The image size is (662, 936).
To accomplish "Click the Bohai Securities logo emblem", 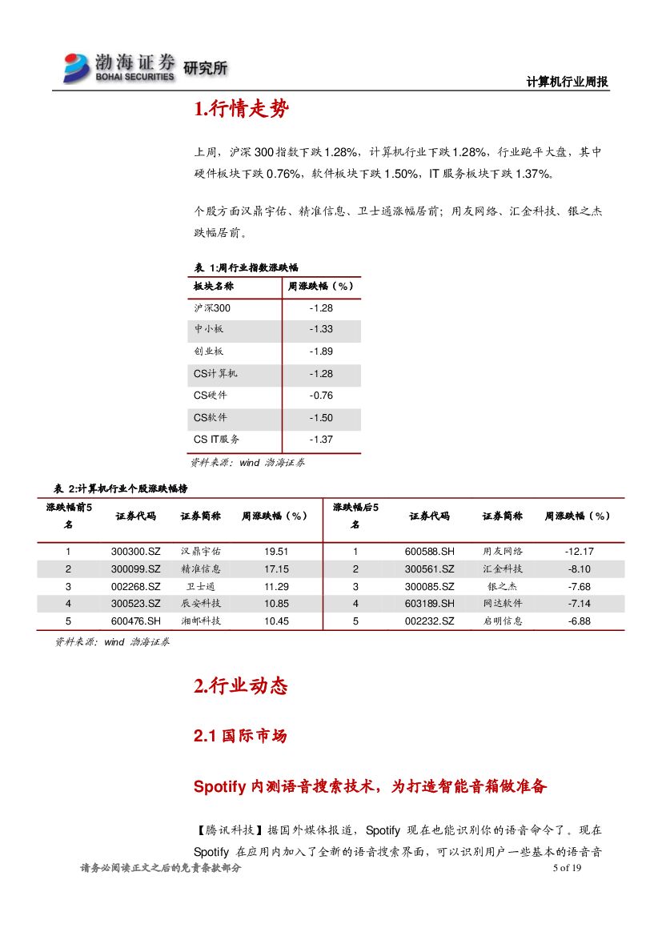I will click(77, 67).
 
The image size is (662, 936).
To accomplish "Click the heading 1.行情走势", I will click(241, 110).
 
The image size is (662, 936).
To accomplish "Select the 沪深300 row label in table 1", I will click(211, 307).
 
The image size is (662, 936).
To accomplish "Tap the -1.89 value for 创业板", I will click(321, 352).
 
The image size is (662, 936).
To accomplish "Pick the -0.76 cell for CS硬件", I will click(321, 396).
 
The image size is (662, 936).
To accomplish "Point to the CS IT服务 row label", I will click(217, 440).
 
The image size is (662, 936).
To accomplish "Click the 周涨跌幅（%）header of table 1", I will click(321, 286).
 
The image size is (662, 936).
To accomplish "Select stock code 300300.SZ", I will click(136, 552).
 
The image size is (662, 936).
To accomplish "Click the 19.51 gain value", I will click(276, 552).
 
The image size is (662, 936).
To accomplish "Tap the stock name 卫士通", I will click(201, 586).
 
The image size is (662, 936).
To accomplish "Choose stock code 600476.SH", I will click(136, 621).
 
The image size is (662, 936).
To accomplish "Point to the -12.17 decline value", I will click(579, 552).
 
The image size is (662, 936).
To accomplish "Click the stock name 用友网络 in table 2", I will click(503, 552).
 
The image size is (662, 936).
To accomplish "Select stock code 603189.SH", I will click(429, 604).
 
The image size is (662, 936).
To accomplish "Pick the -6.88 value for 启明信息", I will click(579, 621).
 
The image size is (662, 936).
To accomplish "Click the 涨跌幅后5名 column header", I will click(355, 516).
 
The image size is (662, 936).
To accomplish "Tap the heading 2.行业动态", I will click(240, 686).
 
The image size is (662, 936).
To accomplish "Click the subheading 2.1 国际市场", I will click(240, 736).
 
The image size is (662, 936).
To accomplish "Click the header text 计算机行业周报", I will click(568, 82).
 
